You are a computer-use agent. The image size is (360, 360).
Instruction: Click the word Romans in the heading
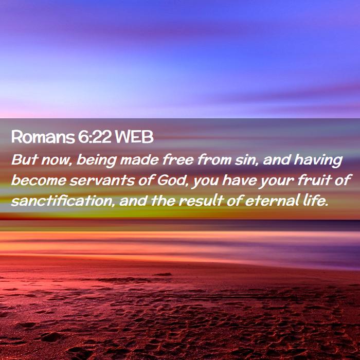tap(42, 137)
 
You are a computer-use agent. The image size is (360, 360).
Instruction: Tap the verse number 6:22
tap(94, 137)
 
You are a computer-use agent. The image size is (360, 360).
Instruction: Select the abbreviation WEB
tap(134, 137)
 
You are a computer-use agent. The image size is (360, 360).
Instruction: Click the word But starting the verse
tap(24, 159)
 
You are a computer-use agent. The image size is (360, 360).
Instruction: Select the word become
tap(39, 180)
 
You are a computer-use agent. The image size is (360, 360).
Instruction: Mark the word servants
tap(102, 181)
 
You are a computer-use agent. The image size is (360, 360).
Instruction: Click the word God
tap(173, 181)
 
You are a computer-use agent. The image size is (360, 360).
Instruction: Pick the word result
tap(201, 201)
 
